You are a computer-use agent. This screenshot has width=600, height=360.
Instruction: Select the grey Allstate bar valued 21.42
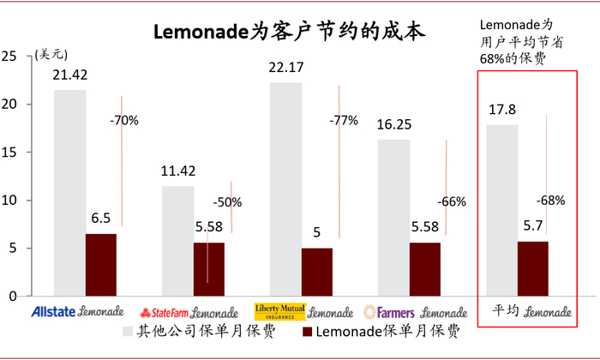69,193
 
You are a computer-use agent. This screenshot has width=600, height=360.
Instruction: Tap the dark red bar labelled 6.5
100,265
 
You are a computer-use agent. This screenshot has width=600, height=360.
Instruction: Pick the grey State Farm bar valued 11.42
177,241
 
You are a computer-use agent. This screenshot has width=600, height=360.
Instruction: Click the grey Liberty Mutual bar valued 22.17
285,189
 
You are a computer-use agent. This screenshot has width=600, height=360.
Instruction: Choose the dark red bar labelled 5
316,272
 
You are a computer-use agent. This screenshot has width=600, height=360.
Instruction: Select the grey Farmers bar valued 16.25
393,219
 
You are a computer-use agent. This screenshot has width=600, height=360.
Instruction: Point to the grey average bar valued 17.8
501,211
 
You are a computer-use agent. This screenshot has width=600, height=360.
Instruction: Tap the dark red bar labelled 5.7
532,268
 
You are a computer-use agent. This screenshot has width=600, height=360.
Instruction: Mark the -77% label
343,120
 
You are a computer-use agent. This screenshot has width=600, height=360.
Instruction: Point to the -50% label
227,202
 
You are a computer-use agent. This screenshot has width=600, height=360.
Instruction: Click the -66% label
451,202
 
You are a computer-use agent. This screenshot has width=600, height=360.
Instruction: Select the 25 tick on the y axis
10,57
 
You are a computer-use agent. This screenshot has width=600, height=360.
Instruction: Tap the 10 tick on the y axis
10,201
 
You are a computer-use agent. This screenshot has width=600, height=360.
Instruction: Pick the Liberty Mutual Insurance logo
279,311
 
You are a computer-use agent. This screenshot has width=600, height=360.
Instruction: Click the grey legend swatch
129,331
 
